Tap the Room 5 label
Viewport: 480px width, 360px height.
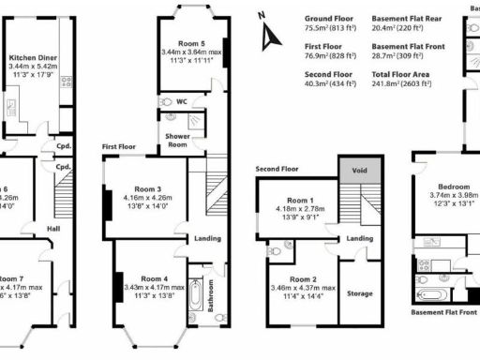(182, 43)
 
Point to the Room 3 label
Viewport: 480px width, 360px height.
(145, 188)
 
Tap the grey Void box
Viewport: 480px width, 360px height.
(359, 170)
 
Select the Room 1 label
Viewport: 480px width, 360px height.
(300, 201)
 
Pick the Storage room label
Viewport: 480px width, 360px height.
(360, 292)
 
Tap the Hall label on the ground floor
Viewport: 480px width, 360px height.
(54, 227)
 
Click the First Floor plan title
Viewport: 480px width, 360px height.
(121, 147)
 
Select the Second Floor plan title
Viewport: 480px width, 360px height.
(277, 170)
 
